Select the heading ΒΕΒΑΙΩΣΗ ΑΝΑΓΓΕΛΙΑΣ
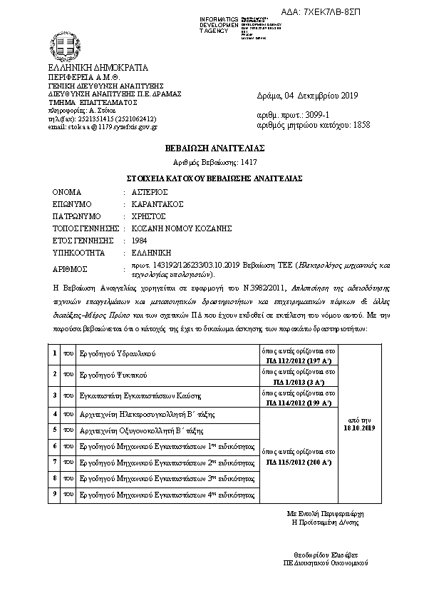pyautogui.click(x=211, y=148)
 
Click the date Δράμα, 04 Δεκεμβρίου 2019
pyautogui.click(x=307, y=95)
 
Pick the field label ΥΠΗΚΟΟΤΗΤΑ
pyautogui.click(x=79, y=253)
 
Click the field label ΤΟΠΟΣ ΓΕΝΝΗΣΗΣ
pyautogui.click(x=85, y=228)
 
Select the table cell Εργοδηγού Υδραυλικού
pyautogui.click(x=117, y=353)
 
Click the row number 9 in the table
pyautogui.click(x=55, y=493)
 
